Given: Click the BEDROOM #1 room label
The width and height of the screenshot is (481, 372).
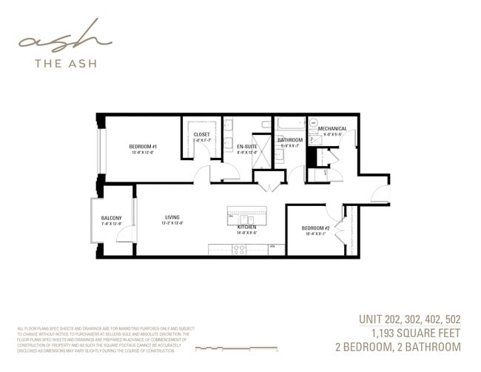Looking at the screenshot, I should [142, 147].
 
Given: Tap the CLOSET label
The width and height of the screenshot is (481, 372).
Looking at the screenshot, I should [201, 135].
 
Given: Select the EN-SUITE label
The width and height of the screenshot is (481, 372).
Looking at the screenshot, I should [246, 147].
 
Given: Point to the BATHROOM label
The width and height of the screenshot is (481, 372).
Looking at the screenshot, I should [289, 140].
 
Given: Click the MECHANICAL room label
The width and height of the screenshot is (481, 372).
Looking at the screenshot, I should [332, 129].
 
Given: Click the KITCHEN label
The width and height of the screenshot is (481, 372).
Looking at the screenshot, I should [246, 227].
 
